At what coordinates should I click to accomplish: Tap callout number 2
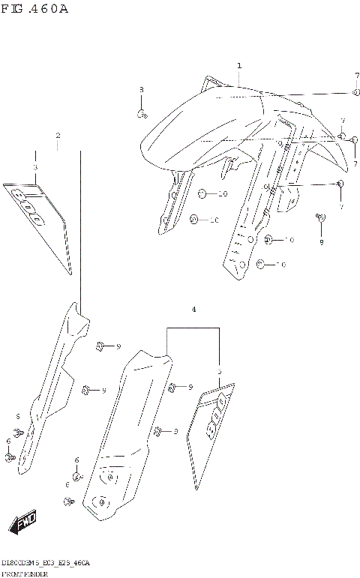pyautogui.click(x=58, y=136)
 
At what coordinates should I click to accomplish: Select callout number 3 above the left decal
pyautogui.click(x=34, y=168)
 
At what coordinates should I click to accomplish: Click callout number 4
pyautogui.click(x=193, y=309)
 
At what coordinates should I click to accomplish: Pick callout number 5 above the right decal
pyautogui.click(x=219, y=371)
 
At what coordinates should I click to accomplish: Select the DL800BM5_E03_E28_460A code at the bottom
pyautogui.click(x=46, y=562)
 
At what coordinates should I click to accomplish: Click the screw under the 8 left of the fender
pyautogui.click(x=141, y=114)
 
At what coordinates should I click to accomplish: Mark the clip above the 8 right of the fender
pyautogui.click(x=321, y=217)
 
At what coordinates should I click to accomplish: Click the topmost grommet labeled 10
pyautogui.click(x=202, y=195)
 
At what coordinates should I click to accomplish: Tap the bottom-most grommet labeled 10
pyautogui.click(x=261, y=264)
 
